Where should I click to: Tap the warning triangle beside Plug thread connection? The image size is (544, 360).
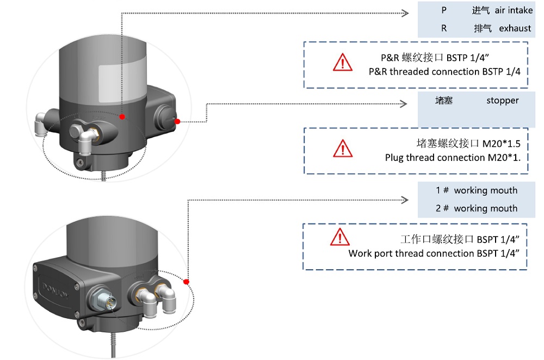tap(343, 148)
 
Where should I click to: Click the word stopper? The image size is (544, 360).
tap(502, 101)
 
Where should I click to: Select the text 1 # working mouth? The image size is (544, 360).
tap(477, 190)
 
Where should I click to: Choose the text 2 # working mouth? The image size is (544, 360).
tap(477, 208)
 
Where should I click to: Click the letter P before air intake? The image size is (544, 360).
tap(444, 10)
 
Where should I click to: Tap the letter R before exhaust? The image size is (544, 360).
tap(444, 28)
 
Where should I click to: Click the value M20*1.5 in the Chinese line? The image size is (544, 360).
tap(501, 144)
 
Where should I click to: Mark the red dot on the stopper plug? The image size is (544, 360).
tap(177, 122)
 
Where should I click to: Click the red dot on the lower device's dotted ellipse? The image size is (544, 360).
tap(186, 282)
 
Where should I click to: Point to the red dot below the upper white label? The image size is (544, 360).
tap(122, 117)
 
